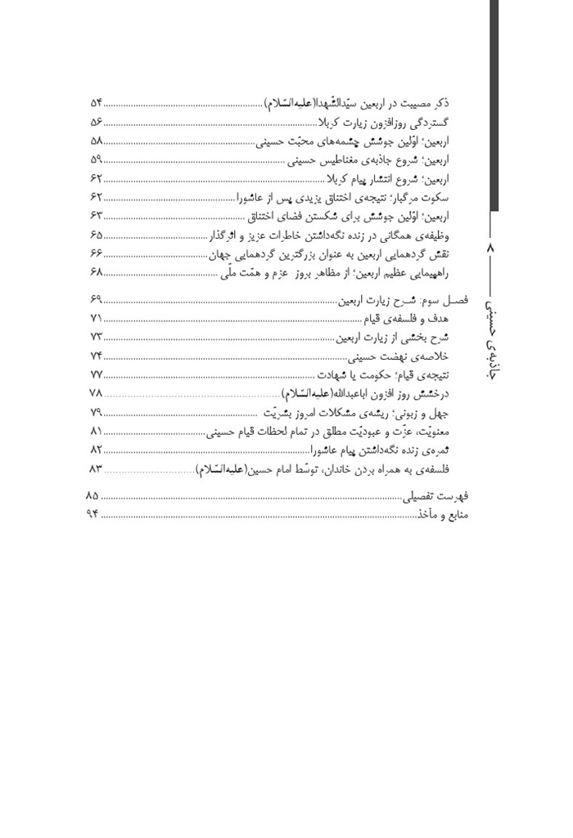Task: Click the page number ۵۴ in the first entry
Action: pyautogui.click(x=96, y=104)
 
